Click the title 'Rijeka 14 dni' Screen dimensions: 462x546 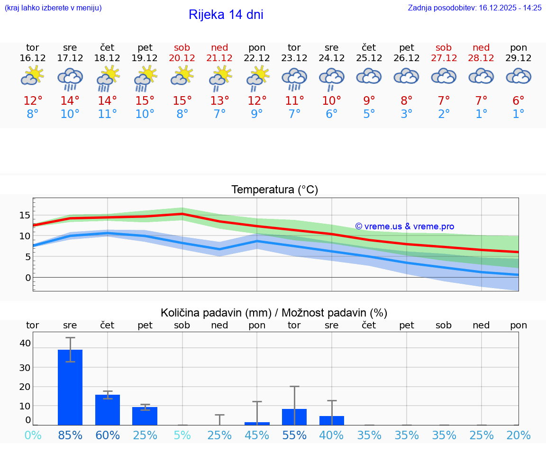pos(226,15)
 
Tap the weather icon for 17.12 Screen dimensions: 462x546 pos(70,78)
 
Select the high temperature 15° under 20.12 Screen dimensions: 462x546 pos(182,101)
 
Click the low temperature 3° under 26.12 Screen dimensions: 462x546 pos(406,114)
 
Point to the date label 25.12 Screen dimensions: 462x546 pos(369,58)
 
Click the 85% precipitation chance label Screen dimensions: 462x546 pos(70,435)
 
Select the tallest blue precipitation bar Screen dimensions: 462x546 pos(70,387)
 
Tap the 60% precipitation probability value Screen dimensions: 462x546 pos(108,435)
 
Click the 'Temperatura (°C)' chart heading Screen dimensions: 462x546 pos(274,190)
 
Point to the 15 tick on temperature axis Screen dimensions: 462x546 pos(25,215)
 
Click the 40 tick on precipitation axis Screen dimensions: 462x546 pos(25,343)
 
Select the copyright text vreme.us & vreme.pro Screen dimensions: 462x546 pos(405,226)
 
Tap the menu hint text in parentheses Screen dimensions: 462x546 pos(53,8)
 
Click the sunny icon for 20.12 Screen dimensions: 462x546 pos(182,76)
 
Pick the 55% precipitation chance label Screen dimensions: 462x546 pos(294,435)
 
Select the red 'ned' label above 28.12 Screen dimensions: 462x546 pos(481,47)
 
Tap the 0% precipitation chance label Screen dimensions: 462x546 pos(33,435)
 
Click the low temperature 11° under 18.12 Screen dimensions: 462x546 pos(108,114)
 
